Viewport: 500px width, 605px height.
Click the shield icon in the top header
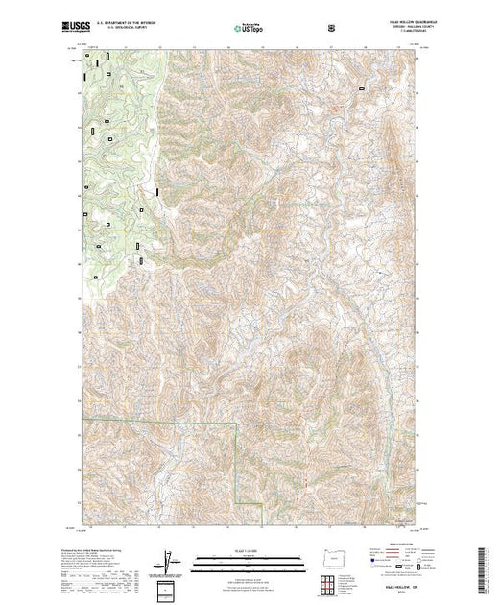(332, 26)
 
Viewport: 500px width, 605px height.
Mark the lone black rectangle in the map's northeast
(361, 89)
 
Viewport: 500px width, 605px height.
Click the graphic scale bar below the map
(241, 560)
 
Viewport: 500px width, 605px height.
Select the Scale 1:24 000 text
(241, 551)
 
